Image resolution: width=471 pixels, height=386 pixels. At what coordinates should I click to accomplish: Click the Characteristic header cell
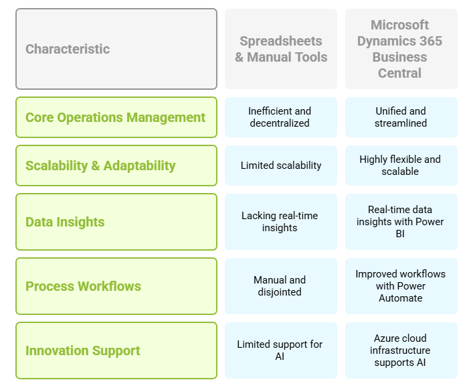coord(116,49)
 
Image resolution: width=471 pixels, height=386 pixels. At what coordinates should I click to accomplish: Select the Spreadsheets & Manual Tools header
coord(281,49)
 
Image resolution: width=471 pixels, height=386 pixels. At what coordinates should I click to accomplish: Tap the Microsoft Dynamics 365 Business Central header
coord(401,49)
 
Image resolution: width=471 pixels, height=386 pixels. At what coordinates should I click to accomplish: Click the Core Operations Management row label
coord(116,117)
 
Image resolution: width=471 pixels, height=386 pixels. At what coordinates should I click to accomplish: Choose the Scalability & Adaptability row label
coord(116,166)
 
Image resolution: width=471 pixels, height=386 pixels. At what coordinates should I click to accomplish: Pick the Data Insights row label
coord(116,222)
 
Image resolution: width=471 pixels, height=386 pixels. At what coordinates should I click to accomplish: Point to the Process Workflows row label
coord(116,286)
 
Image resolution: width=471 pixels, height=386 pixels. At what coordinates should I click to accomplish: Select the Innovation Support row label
coord(116,350)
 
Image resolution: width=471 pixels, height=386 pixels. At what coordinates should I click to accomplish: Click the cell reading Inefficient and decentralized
coord(281,117)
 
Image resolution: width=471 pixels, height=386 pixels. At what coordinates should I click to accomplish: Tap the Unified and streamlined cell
coord(401,117)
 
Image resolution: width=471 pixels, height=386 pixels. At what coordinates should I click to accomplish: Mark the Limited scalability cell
coord(281,166)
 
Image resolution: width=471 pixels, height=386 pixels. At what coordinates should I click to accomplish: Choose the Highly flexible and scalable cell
coord(401,166)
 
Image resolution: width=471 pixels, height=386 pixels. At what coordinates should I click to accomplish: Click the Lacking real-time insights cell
coord(281,222)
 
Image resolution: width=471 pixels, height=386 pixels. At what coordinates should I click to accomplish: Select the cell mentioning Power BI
coord(401,222)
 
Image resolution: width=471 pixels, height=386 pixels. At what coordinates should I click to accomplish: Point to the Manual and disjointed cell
coord(281,286)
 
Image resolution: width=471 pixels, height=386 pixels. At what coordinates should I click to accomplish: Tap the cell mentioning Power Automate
coord(401,286)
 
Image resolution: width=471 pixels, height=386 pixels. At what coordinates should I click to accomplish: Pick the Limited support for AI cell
coord(281,350)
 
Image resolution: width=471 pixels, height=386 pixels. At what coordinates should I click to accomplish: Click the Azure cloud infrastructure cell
coord(401,350)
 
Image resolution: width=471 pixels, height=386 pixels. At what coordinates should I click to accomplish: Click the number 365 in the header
coord(431,41)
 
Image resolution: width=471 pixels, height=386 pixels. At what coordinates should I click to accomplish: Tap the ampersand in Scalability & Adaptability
coord(95,166)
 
